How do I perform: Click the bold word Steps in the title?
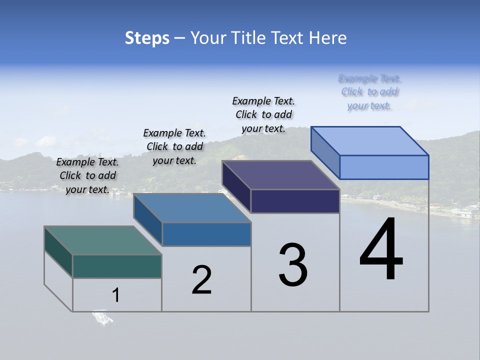[x=147, y=38]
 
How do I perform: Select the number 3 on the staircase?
[x=293, y=265]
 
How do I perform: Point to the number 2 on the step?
[x=202, y=280]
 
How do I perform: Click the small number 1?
[x=116, y=295]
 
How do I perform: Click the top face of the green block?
[x=102, y=240]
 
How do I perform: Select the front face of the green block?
[x=117, y=266]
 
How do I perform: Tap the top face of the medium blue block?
[x=192, y=208]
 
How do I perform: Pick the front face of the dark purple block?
[x=295, y=201]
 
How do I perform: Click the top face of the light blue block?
[x=370, y=140]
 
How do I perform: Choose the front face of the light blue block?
[x=384, y=167]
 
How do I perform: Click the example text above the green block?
[x=87, y=175]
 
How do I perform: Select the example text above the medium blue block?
[x=174, y=146]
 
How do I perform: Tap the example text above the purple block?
[x=263, y=114]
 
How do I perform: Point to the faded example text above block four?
[x=369, y=92]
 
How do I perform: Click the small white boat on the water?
[x=102, y=317]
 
